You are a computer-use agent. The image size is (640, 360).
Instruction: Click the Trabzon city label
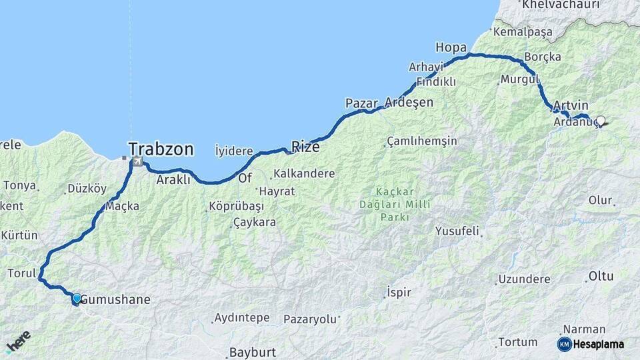click(161, 149)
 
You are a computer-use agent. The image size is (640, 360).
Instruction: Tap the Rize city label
click(305, 147)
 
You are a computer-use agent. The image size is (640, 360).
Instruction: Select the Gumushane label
click(115, 300)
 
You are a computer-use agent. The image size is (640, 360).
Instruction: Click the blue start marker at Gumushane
click(77, 298)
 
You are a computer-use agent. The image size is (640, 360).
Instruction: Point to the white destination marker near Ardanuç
click(601, 121)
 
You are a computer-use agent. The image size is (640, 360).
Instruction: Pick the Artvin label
click(571, 106)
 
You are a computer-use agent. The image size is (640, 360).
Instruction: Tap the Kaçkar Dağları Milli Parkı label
click(405, 204)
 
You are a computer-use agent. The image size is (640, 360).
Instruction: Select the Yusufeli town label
click(457, 231)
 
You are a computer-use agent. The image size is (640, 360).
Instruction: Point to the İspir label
click(399, 293)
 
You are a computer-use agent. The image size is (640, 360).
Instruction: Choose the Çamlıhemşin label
click(422, 141)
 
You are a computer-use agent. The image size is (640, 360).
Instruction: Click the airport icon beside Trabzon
click(137, 161)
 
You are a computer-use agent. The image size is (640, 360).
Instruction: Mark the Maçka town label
click(122, 206)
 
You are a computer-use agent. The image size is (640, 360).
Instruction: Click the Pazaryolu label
click(310, 319)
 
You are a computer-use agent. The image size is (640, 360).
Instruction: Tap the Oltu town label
click(601, 276)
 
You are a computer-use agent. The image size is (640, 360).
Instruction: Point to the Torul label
click(20, 273)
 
